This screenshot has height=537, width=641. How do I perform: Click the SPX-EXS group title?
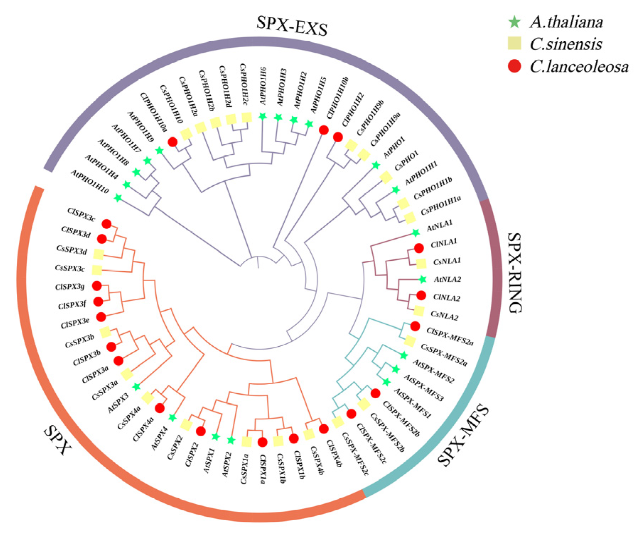(292, 26)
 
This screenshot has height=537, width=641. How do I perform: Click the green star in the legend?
(515, 22)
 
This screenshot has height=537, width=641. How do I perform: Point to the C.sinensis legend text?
(566, 44)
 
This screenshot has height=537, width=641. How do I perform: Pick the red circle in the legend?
(515, 66)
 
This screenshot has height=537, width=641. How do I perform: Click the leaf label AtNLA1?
(440, 225)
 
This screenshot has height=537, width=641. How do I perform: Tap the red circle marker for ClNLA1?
(419, 248)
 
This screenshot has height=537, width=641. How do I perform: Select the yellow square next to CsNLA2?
(419, 310)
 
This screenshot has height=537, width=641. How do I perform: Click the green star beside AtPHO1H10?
(118, 198)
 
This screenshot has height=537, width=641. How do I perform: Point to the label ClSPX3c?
(81, 214)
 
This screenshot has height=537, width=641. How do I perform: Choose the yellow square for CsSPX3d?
(98, 254)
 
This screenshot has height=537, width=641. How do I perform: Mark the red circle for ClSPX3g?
(97, 286)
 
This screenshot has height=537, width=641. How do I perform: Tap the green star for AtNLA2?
(422, 280)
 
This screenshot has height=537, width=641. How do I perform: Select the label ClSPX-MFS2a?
(450, 336)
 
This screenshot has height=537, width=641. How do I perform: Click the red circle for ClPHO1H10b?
(323, 130)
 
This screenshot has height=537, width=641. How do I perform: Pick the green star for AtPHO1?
(376, 165)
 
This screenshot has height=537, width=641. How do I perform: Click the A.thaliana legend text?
(566, 22)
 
